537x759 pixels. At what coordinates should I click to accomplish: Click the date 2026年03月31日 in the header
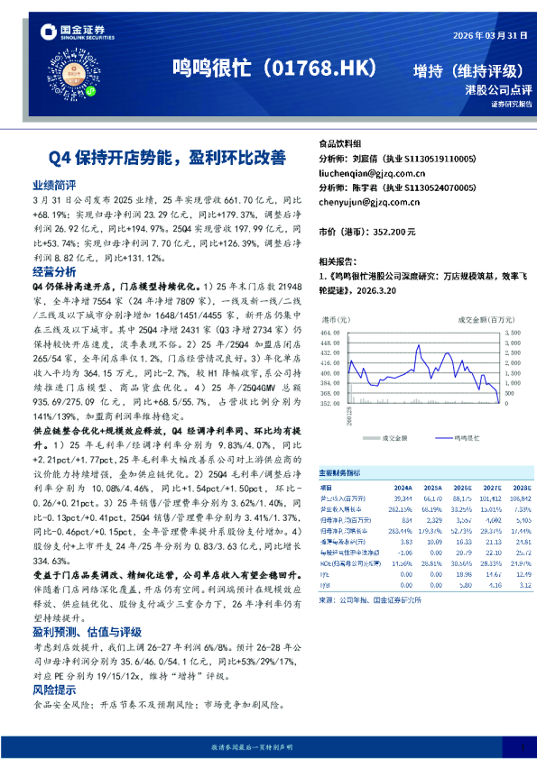[x=483, y=35]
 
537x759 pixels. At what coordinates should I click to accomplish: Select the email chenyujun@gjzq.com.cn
[x=370, y=203]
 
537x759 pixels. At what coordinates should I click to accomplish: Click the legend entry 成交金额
[x=394, y=437]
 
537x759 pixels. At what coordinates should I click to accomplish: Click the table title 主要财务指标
[x=340, y=472]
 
